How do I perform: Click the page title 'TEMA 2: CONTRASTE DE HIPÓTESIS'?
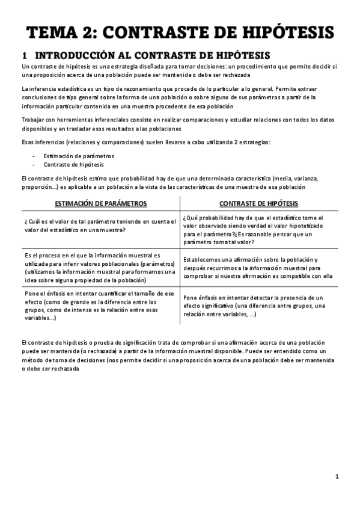(180, 31)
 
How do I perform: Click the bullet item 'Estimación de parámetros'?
(79, 156)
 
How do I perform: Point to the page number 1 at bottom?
(337, 477)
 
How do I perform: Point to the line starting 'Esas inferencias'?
(145, 142)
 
